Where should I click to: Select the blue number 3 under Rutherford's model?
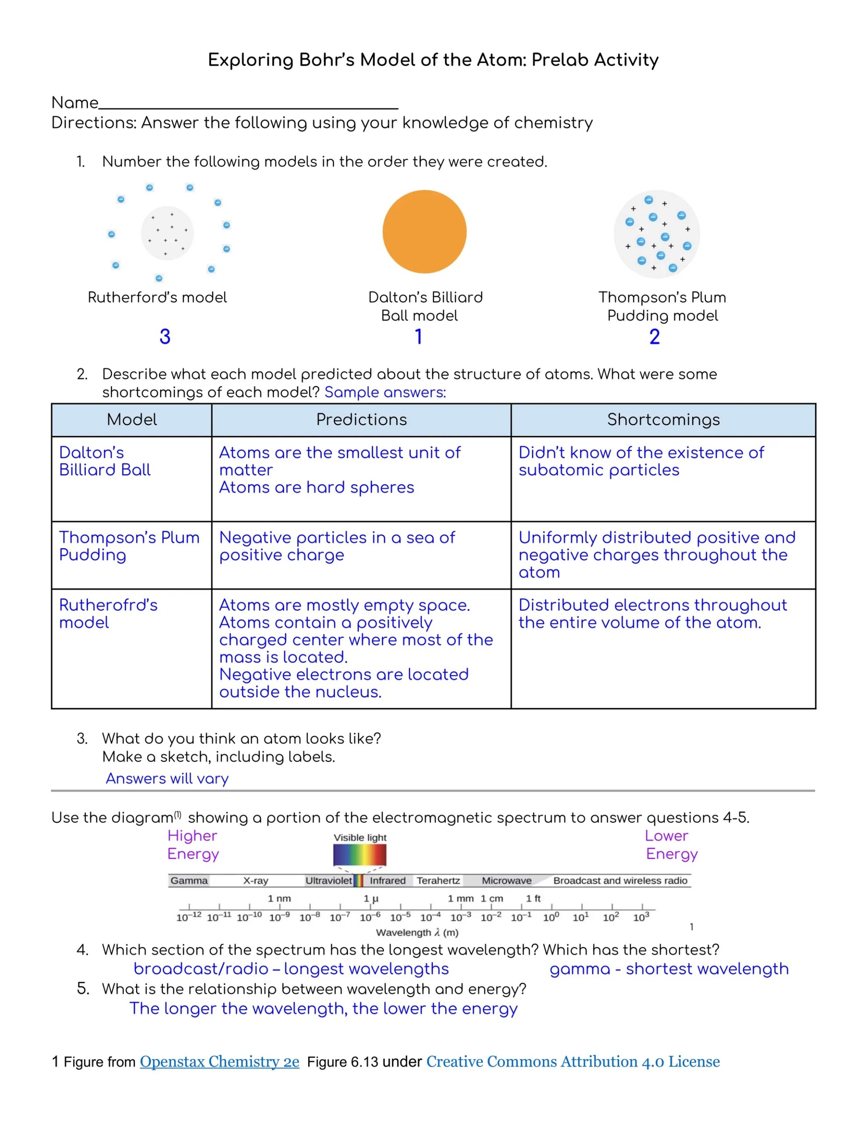pos(165,337)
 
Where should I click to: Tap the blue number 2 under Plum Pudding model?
pos(654,337)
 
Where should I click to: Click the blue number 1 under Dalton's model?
pos(419,337)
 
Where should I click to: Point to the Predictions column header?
pos(361,419)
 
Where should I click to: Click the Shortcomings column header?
pos(663,419)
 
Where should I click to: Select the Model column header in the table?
pos(131,419)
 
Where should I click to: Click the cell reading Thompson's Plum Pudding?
pos(129,546)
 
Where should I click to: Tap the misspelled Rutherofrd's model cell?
pos(108,613)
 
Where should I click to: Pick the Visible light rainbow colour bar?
pos(359,855)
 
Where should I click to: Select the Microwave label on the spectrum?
pos(506,880)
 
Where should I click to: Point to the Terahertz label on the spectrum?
pos(438,880)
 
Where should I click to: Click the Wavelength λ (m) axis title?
pos(417,932)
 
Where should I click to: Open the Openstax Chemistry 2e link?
pos(219,1061)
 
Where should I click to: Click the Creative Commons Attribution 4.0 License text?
pos(572,1061)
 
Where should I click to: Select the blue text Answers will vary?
pos(167,779)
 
